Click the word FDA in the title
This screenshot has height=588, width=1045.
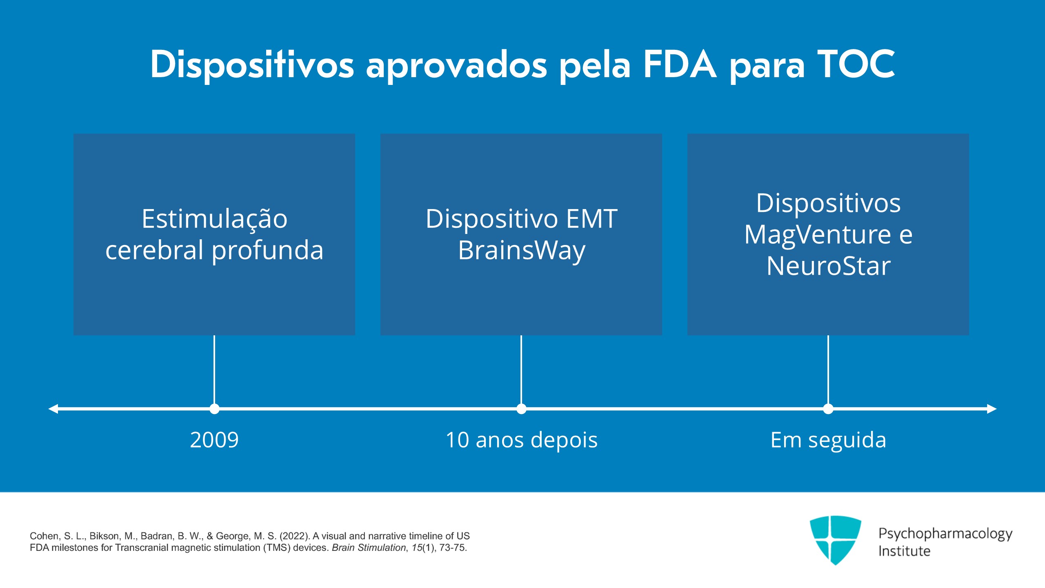(x=680, y=64)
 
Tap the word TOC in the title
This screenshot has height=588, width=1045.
(x=856, y=64)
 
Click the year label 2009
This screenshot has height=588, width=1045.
(x=214, y=440)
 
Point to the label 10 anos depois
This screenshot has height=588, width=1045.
(x=521, y=440)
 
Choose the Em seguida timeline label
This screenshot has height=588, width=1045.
(x=828, y=440)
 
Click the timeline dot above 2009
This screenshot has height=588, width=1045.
(x=214, y=409)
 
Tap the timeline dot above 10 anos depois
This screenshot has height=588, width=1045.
(x=521, y=409)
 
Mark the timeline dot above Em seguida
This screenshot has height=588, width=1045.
(x=828, y=409)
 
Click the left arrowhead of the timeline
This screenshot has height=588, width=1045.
(x=53, y=409)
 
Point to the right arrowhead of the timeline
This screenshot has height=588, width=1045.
(x=992, y=409)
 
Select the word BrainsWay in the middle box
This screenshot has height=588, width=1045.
(x=521, y=250)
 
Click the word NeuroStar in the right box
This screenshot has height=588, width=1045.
(x=828, y=266)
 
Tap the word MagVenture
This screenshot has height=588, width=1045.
(x=818, y=235)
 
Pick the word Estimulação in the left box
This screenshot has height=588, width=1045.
(x=214, y=219)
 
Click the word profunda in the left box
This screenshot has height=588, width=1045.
(x=267, y=250)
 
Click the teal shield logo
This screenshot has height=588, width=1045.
(x=835, y=539)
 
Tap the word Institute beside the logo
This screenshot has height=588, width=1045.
(x=904, y=551)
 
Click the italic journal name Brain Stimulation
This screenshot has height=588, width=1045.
(x=368, y=548)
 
